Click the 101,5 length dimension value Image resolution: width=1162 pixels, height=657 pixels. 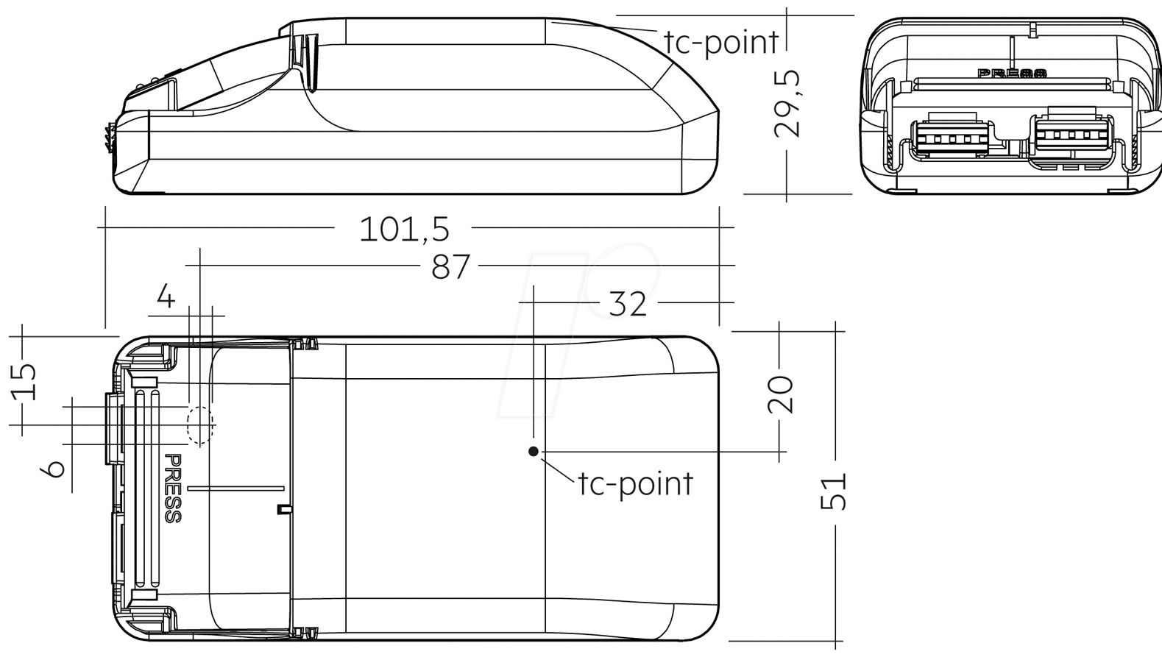[x=404, y=230]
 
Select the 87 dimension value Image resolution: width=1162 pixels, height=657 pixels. [x=450, y=266]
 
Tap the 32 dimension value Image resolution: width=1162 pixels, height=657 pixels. [x=627, y=304]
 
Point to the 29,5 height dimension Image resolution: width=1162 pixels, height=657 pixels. [x=787, y=104]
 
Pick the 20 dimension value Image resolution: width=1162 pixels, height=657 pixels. [x=780, y=394]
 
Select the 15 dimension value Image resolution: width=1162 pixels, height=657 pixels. [x=24, y=382]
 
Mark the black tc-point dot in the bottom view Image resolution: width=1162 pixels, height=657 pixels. [x=534, y=451]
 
